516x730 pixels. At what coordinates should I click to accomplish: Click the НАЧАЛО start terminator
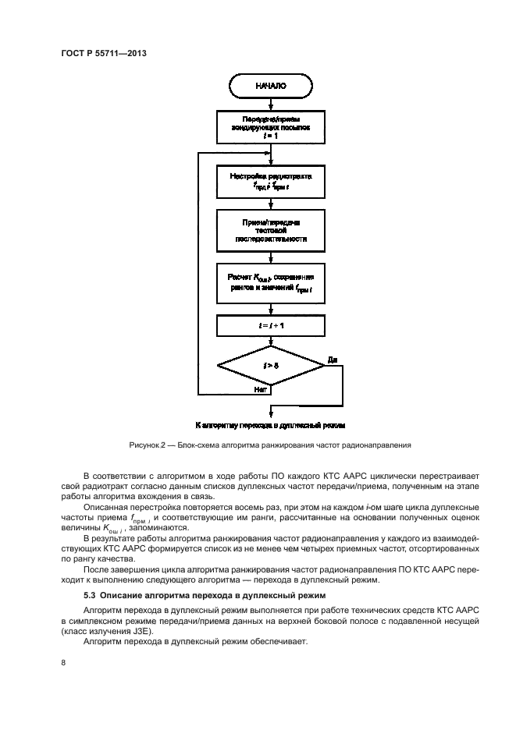pyautogui.click(x=270, y=87)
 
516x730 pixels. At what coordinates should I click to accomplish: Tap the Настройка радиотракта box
pyautogui.click(x=270, y=182)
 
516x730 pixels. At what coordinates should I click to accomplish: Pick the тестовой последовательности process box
pyautogui.click(x=270, y=232)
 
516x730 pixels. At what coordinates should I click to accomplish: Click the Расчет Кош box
pyautogui.click(x=270, y=283)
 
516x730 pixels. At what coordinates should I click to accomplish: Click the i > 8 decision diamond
pyautogui.click(x=270, y=364)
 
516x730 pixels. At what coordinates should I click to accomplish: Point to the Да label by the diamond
pyautogui.click(x=333, y=360)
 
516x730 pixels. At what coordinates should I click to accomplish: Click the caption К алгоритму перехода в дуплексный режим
pyautogui.click(x=270, y=425)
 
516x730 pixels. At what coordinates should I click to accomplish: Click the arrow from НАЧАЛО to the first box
pyautogui.click(x=270, y=102)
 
